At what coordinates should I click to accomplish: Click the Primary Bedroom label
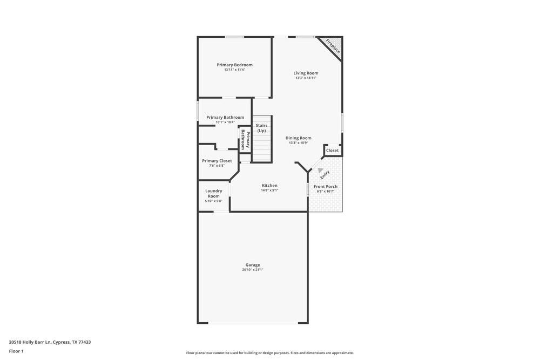click(234, 65)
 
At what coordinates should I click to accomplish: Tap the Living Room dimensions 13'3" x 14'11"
click(306, 78)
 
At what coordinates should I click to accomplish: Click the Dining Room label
click(298, 138)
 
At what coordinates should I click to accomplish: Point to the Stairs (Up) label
click(261, 128)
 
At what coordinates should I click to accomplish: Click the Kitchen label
click(269, 185)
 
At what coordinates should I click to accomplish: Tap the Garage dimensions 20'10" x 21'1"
click(252, 269)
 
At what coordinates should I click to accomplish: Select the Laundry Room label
click(213, 193)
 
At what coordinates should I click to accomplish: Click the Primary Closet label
click(217, 161)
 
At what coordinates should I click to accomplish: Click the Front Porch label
click(326, 186)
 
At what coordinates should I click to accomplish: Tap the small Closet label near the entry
click(332, 151)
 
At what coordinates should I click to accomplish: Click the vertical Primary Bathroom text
click(245, 139)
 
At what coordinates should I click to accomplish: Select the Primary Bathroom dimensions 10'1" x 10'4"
click(225, 122)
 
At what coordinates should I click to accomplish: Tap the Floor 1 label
click(16, 351)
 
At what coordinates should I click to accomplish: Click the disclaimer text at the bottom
click(269, 352)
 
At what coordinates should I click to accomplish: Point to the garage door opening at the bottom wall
click(253, 323)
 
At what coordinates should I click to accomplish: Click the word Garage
click(252, 264)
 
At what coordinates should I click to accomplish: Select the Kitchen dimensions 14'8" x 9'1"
click(269, 190)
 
